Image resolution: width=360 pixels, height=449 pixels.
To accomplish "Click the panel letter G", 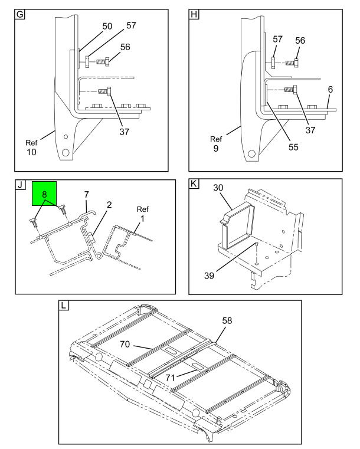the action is pos(20,14).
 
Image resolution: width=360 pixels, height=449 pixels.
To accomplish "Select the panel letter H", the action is pos(194,14).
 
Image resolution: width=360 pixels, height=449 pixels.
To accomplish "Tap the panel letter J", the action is pos(20,185).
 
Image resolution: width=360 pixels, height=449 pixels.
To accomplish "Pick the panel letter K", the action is pos(194,183).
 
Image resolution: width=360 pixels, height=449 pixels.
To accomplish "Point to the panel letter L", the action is pos(64,305).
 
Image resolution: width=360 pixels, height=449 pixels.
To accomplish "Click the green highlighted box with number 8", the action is pos(44,194).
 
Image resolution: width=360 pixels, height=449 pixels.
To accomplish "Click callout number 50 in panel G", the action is pos(107,26).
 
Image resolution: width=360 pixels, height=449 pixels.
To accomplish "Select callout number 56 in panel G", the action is pos(125,47).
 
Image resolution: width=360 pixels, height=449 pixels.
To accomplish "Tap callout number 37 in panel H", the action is pos(310,130).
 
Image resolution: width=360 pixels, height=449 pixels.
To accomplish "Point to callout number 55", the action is pos(293,147).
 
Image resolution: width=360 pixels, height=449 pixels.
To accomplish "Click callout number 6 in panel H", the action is pos(330,89).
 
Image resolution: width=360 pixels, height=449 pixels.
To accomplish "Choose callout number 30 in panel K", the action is pos(218,188).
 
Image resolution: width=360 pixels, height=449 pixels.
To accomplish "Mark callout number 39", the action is pos(209,276).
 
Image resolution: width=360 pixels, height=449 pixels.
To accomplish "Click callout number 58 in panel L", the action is pos(227,320).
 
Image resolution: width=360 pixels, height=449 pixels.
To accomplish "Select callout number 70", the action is pos(125,344).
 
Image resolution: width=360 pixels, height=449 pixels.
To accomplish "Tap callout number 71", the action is pos(170,378).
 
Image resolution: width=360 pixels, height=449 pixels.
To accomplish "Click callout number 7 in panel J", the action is pos(87,195).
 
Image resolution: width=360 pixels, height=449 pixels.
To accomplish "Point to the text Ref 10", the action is pos(31,148).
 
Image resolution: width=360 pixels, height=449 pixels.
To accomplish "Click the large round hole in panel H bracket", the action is pos(251,154).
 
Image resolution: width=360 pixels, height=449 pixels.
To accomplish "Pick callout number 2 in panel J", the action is pos(109,205).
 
